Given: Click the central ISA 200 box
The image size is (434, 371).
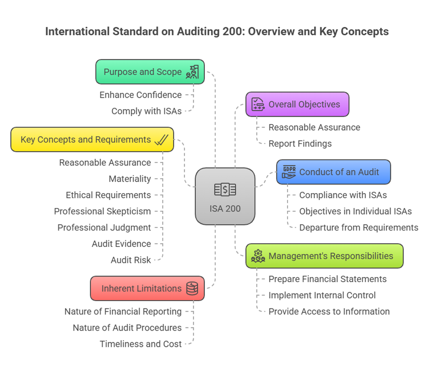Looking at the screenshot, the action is pyautogui.click(x=225, y=196).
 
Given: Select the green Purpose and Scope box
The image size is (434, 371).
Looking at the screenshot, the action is pyautogui.click(x=150, y=72).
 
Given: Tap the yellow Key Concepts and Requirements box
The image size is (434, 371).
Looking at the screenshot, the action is pyautogui.click(x=92, y=139).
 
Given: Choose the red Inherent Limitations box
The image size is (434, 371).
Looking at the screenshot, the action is pyautogui.click(x=147, y=289).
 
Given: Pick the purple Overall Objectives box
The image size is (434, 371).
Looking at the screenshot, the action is pyautogui.click(x=297, y=104).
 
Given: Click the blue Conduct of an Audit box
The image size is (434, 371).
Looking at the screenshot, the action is pyautogui.click(x=333, y=172).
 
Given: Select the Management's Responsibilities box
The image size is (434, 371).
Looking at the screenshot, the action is pyautogui.click(x=325, y=256).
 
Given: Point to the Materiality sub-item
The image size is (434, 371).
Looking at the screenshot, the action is pyautogui.click(x=130, y=179).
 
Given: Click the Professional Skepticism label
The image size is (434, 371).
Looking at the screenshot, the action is pyautogui.click(x=102, y=212).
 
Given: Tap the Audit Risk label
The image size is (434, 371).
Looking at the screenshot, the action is pyautogui.click(x=131, y=260).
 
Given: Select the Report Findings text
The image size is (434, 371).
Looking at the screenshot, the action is pyautogui.click(x=300, y=144).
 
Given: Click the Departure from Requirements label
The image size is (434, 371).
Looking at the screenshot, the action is pyautogui.click(x=359, y=227).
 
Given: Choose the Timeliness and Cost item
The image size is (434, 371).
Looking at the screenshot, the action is pyautogui.click(x=140, y=344).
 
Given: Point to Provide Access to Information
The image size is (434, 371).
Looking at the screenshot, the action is pyautogui.click(x=329, y=312).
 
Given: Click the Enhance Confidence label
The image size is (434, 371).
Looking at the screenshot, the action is pyautogui.click(x=140, y=95).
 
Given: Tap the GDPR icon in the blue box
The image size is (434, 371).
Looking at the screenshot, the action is pyautogui.click(x=289, y=172).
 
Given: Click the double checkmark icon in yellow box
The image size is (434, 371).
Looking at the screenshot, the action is pyautogui.click(x=161, y=139).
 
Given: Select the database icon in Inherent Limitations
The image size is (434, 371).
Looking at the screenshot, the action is pyautogui.click(x=192, y=289).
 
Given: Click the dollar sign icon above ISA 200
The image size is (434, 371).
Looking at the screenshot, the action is pyautogui.click(x=225, y=189).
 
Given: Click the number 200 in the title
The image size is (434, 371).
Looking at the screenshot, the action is pyautogui.click(x=234, y=31).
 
